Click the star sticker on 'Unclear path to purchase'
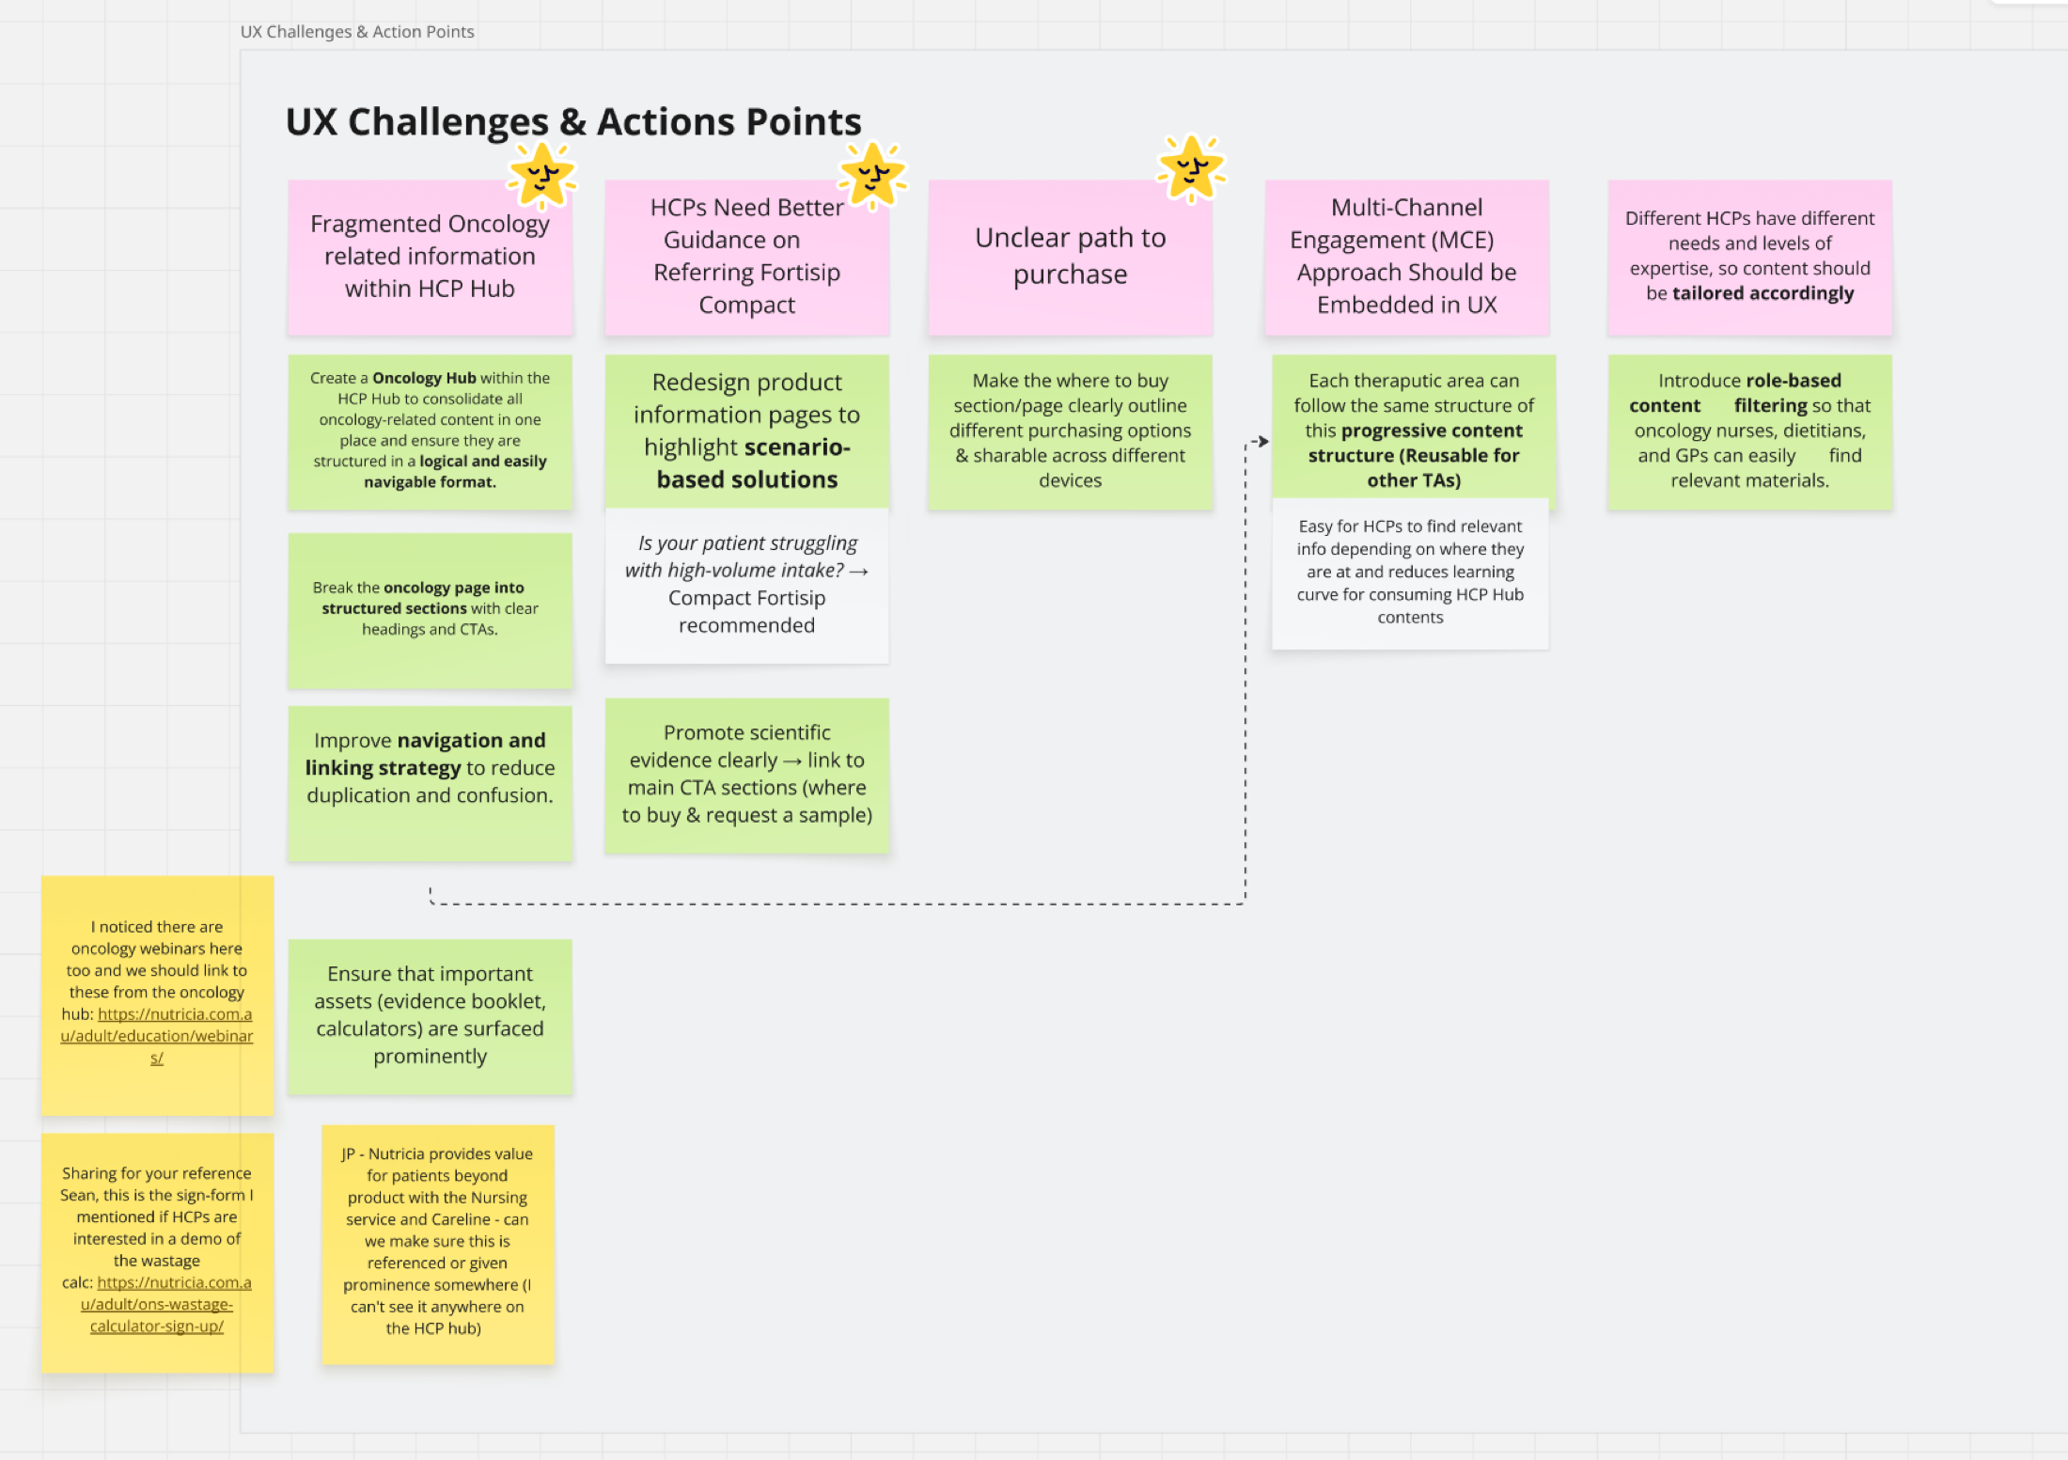point(1191,169)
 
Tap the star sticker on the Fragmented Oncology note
point(541,176)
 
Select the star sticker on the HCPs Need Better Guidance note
point(872,175)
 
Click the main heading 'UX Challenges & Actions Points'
point(572,122)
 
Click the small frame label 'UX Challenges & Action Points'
point(357,32)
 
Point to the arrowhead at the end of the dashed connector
point(1262,441)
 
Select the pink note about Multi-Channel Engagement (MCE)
point(1406,256)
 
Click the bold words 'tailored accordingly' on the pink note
point(1762,293)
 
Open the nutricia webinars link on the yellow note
point(157,1036)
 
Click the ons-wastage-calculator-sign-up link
point(157,1305)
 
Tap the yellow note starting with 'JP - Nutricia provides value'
point(437,1241)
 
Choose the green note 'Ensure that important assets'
point(430,1015)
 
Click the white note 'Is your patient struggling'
point(746,584)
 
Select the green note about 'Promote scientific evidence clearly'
point(746,774)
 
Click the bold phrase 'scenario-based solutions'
point(747,463)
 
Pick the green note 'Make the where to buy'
point(1070,431)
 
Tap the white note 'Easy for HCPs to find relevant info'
point(1409,572)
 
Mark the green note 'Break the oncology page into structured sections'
point(430,608)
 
